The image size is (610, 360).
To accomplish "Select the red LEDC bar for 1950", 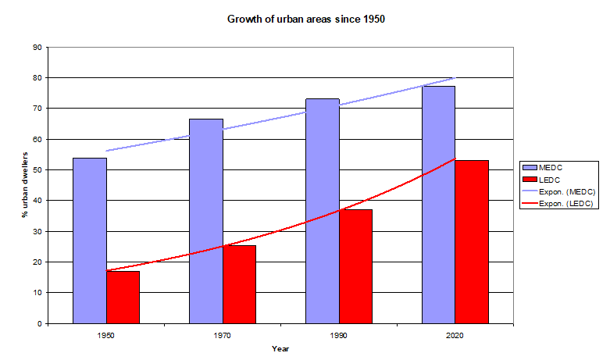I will pos(123,298).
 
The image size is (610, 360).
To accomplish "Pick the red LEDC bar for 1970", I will pos(239,284).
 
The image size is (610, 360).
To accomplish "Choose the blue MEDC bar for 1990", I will pos(323,211).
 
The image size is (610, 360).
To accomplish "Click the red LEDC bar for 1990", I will pos(355,266).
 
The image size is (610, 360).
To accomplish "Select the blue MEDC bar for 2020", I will pos(439,205).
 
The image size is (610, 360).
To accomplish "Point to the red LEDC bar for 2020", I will pos(472,242).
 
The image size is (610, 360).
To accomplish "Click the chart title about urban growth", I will pos(306,19).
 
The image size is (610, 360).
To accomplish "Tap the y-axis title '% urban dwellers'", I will pos(26,185).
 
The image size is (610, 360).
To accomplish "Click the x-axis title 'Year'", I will pos(280,348).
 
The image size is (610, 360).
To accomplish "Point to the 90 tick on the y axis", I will pos(37,48).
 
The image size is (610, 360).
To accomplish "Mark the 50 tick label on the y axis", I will pos(37,170).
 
